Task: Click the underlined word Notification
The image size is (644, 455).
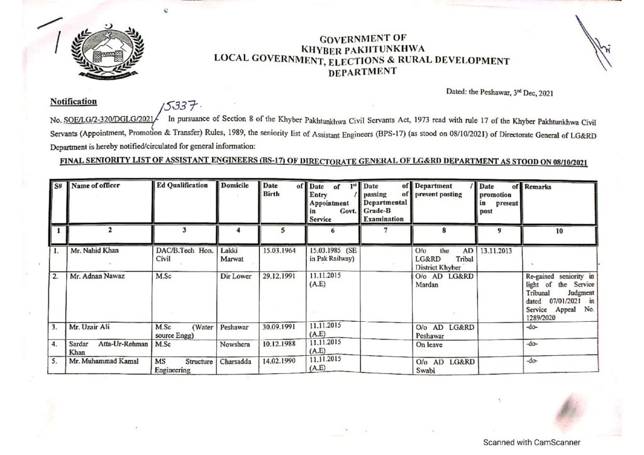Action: click(x=74, y=101)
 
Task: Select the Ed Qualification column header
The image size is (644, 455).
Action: click(x=182, y=185)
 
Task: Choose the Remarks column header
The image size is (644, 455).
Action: click(x=539, y=186)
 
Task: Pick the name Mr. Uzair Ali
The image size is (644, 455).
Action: click(x=92, y=327)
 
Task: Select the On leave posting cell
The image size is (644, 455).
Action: click(x=430, y=344)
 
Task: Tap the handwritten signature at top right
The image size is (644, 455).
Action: click(x=594, y=45)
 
